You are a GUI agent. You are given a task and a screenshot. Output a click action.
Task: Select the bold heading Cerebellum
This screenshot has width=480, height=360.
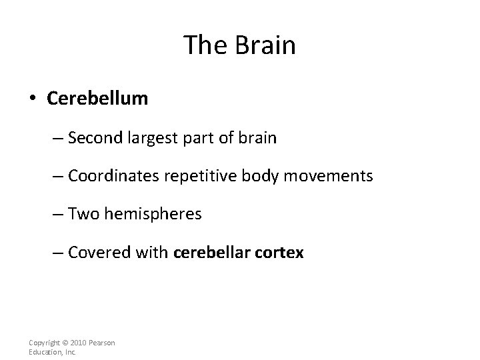(x=97, y=99)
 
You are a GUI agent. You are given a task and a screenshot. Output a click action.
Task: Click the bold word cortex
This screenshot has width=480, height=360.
(x=280, y=253)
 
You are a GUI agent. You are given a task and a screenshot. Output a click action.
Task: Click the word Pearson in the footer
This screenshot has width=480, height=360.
(x=101, y=343)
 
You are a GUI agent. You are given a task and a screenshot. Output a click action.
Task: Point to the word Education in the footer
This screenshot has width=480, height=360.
(x=44, y=352)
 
